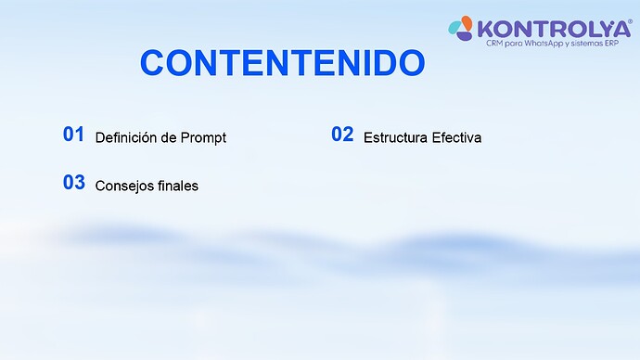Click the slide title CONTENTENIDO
282,63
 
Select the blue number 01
74,135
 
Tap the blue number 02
342,135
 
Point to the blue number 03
74,183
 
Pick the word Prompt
204,137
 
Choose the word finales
178,186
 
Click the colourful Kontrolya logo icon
463,30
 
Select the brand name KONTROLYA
555,28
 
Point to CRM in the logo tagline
495,44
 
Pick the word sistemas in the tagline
593,44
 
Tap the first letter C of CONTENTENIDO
152,63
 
